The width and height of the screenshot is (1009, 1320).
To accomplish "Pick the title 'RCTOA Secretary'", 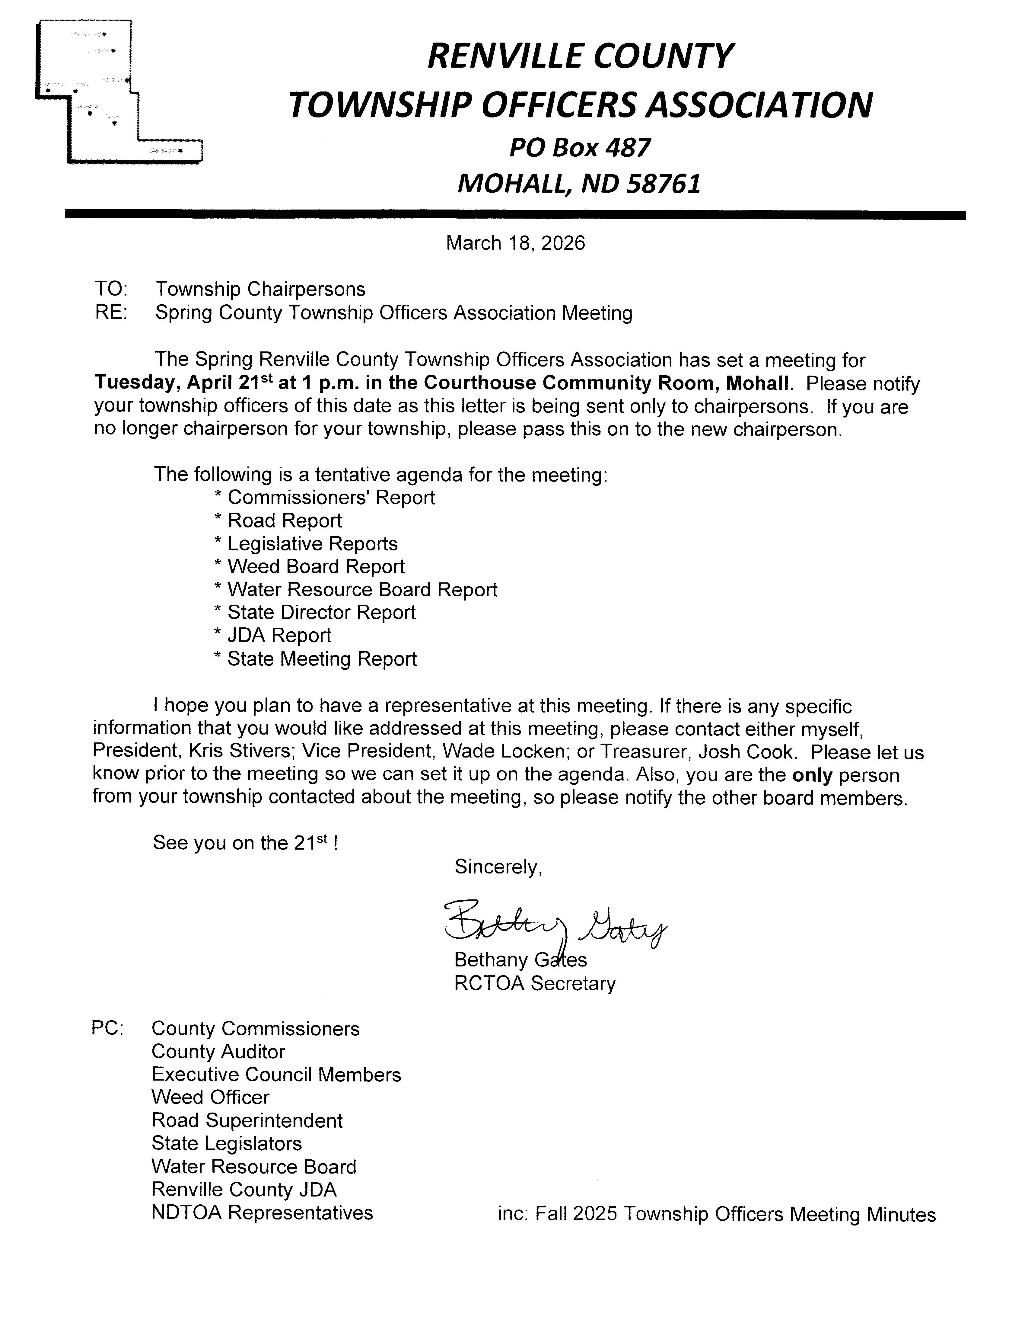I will (x=535, y=984).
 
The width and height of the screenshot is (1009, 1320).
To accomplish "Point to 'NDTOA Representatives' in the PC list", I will (x=262, y=1213).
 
